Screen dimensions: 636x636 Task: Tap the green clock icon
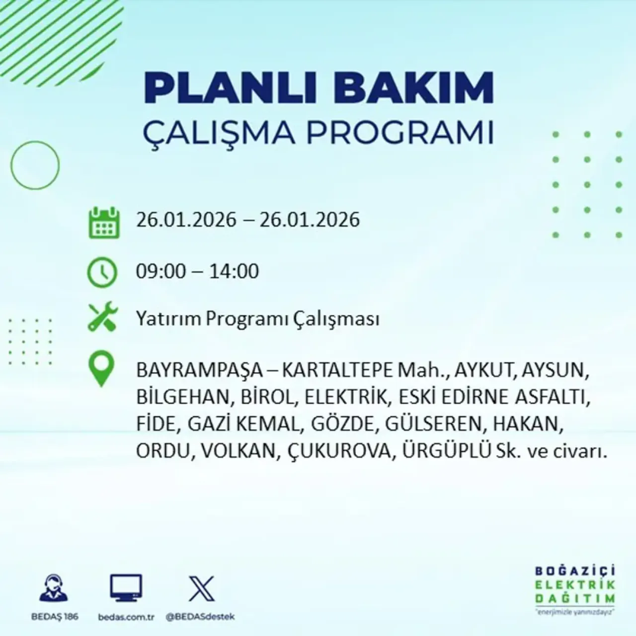tap(102, 272)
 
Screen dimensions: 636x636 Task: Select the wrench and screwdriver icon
tap(102, 318)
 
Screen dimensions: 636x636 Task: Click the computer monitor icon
tap(126, 588)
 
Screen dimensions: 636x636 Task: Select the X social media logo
tap(202, 589)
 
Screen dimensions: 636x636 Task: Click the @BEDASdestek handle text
tap(200, 617)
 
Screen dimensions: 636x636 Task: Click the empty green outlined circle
tap(35, 165)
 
